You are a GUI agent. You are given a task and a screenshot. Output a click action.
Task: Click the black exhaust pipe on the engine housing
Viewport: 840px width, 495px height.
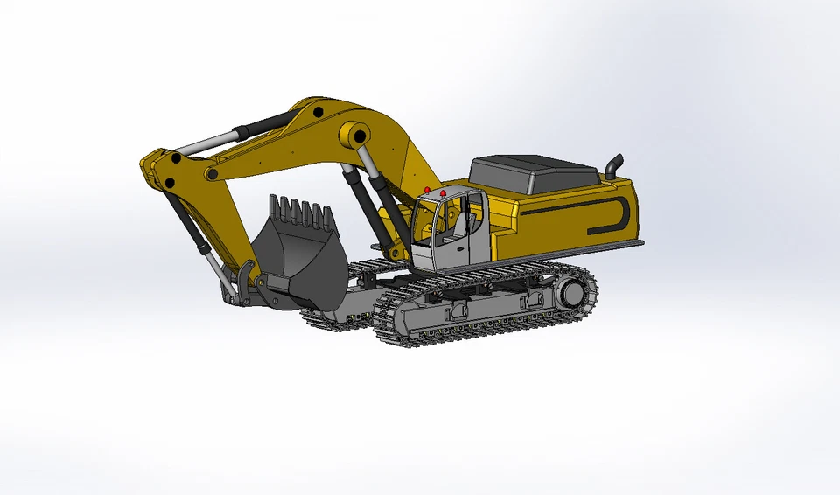pos(614,165)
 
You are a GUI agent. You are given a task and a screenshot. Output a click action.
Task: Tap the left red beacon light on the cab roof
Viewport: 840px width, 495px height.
pos(426,190)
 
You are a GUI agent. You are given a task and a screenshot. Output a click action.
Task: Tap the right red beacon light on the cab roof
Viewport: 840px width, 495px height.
pos(444,192)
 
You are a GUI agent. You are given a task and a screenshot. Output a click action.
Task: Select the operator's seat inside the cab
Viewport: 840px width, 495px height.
pos(459,225)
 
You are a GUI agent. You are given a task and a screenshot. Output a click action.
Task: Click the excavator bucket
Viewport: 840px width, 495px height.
pos(297,254)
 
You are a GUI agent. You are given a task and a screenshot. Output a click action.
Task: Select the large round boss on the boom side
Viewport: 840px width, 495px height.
pos(354,135)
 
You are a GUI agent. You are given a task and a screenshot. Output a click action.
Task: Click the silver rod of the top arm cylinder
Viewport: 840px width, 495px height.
pos(210,142)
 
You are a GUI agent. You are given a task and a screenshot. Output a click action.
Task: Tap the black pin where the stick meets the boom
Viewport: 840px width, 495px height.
pos(176,159)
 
